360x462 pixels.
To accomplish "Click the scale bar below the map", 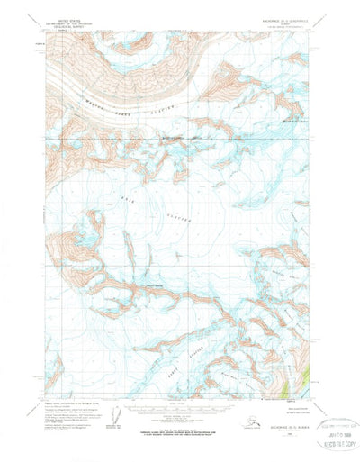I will (179, 411).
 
